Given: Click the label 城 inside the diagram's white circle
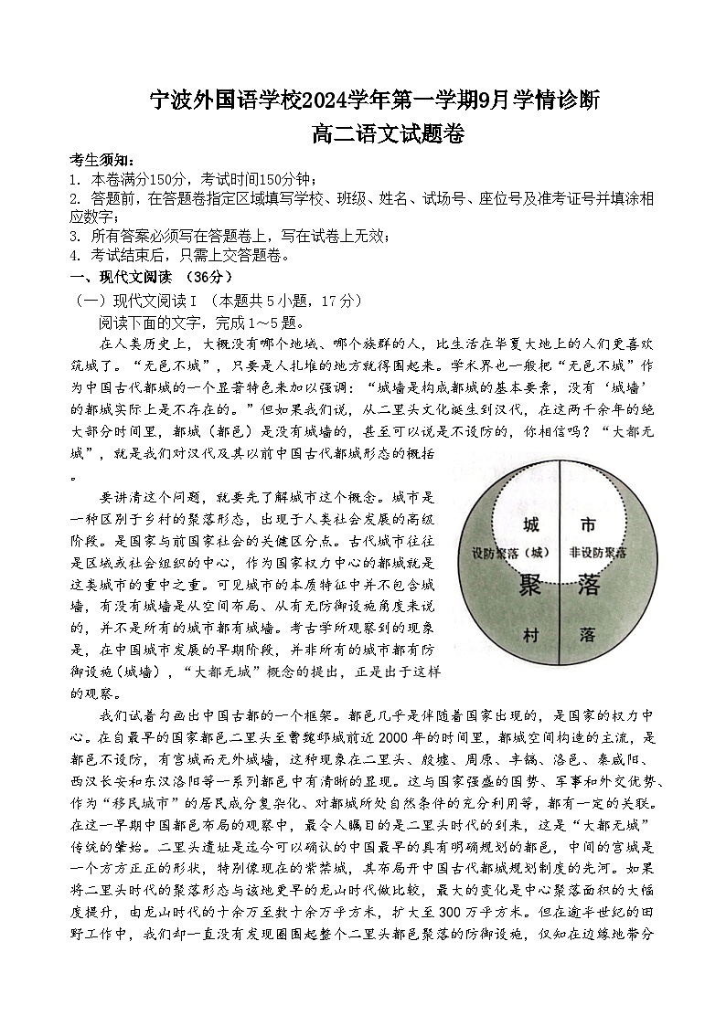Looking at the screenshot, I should pos(530,525).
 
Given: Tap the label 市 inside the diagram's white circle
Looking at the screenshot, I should pos(589,525).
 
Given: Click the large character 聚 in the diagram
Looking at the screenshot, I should pos(530,586).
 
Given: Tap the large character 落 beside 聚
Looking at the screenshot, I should pos(588,586).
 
